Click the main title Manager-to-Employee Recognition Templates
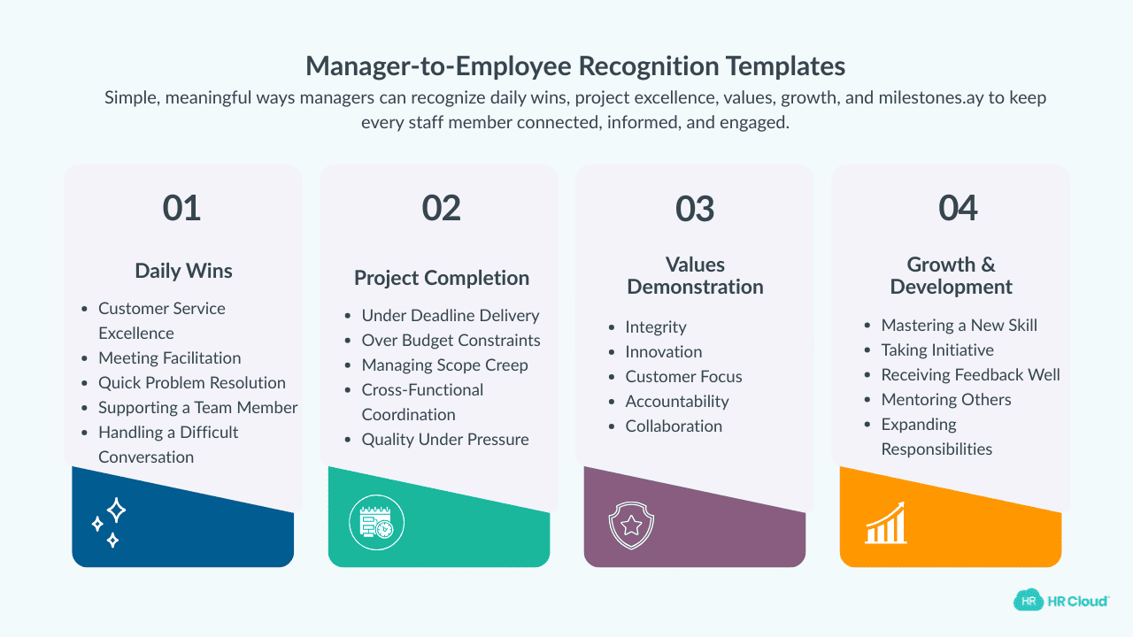575,66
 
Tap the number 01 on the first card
182,208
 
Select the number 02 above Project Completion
442,208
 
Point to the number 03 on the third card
695,208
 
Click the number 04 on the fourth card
958,208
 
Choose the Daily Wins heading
183,271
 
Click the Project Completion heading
442,278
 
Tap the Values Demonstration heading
695,275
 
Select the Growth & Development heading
951,275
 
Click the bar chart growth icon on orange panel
885,524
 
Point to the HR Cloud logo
1061,600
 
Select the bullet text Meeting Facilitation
169,357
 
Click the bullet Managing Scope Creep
444,365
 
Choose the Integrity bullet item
656,326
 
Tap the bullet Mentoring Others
945,399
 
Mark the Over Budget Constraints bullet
451,340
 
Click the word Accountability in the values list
677,401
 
